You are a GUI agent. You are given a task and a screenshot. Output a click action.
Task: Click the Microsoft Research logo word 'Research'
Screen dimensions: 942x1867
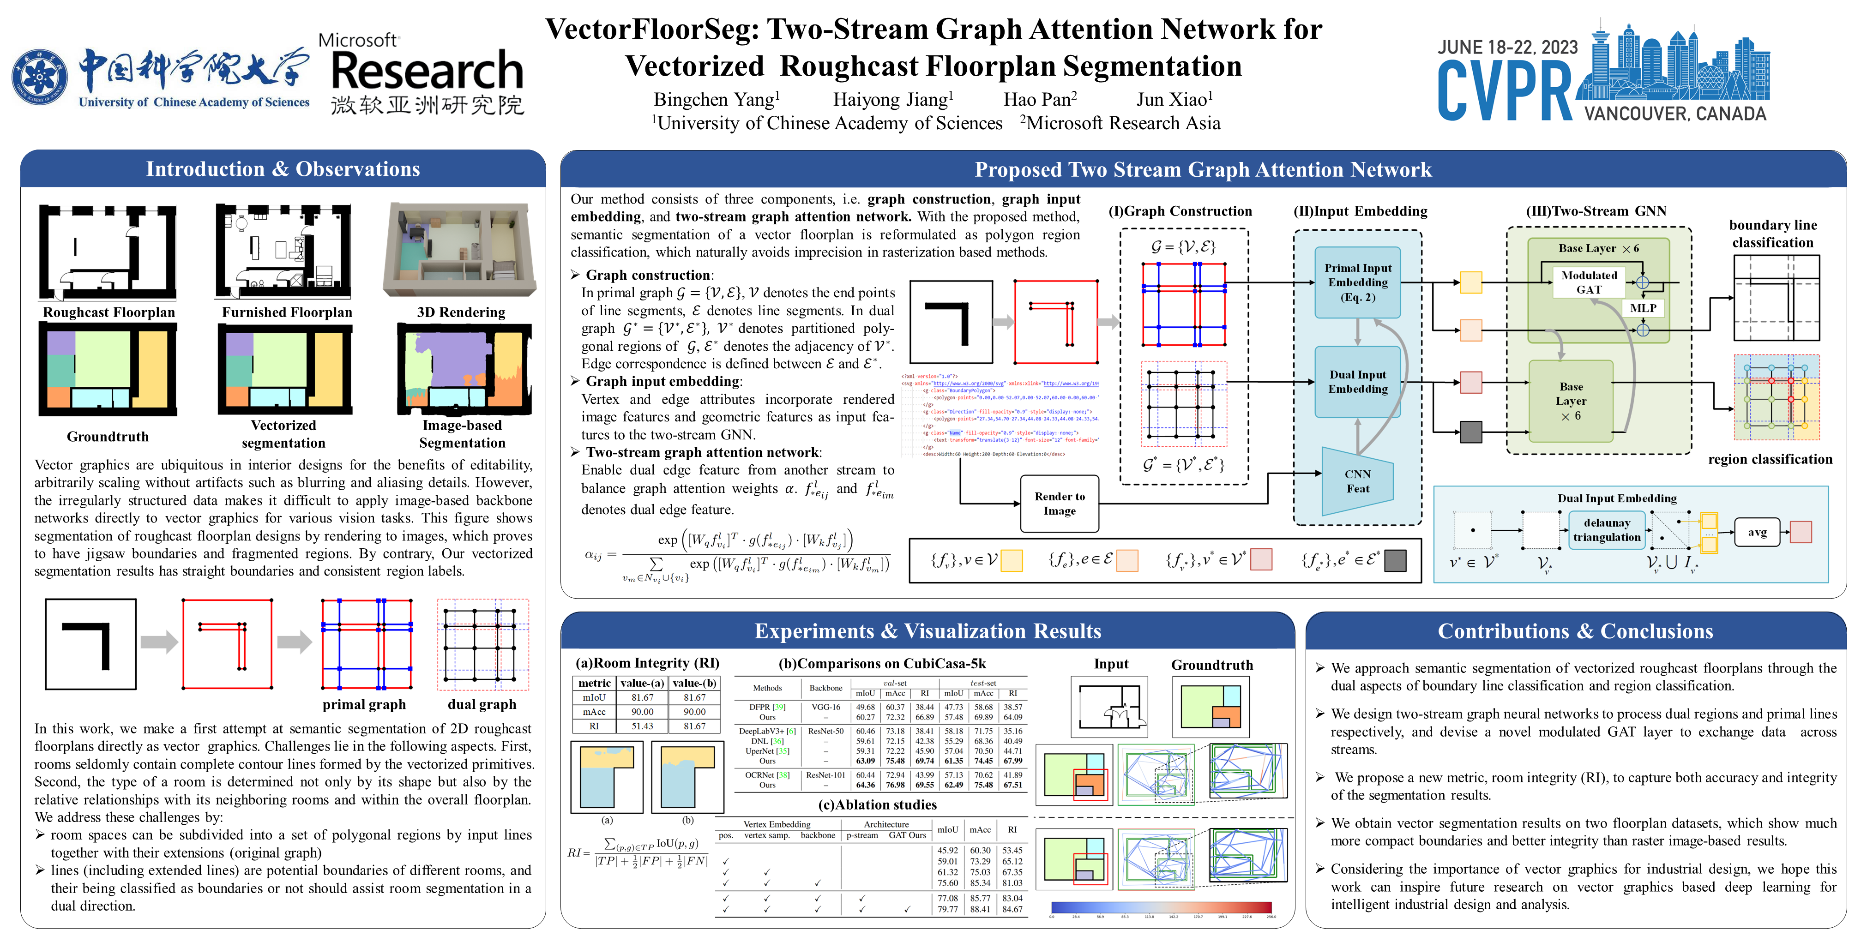point(427,72)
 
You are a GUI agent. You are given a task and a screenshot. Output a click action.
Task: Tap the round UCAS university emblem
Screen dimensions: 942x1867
point(40,77)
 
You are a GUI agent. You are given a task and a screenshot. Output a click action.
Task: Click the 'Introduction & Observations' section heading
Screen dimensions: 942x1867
point(283,169)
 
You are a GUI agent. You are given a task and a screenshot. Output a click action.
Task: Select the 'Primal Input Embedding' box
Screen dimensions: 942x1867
point(1357,282)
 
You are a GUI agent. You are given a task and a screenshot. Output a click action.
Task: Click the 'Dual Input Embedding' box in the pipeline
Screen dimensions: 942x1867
point(1357,382)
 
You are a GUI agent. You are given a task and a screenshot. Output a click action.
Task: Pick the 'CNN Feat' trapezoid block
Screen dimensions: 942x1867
point(1357,481)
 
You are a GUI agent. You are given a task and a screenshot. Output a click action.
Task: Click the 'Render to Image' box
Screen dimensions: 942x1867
point(1059,504)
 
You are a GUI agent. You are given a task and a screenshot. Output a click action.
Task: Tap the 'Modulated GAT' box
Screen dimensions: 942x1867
point(1589,282)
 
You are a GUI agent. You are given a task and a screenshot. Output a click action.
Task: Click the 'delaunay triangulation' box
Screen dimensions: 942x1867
point(1606,530)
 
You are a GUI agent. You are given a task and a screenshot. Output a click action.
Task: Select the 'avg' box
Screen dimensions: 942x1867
point(1757,532)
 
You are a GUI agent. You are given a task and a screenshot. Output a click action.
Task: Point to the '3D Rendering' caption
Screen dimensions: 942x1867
point(461,312)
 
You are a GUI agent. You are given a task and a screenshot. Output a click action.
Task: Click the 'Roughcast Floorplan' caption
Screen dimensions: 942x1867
point(108,312)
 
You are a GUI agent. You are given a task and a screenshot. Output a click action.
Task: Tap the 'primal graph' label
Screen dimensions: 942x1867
point(364,704)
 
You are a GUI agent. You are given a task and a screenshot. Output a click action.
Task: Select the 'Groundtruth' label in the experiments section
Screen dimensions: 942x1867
point(1212,665)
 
